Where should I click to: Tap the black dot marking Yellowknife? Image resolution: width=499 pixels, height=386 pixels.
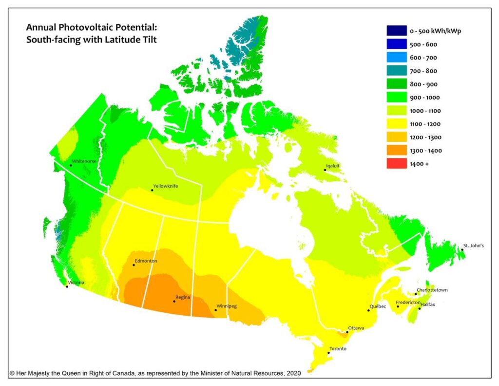152,190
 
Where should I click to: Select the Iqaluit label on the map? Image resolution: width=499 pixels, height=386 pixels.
332,165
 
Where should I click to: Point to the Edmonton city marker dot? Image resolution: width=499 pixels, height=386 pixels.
134,265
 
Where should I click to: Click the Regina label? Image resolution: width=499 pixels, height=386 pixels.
183,297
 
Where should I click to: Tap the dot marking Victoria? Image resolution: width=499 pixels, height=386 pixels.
67,286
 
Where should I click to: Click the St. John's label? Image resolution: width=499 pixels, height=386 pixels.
473,245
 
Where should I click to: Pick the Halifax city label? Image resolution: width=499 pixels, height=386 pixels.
427,304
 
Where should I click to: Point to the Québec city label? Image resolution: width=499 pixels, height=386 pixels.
378,306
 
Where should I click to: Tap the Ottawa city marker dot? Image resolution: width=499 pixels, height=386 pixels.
347,332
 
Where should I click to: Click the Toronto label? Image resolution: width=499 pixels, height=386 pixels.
338,348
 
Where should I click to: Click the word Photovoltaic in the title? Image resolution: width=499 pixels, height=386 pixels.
77,27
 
